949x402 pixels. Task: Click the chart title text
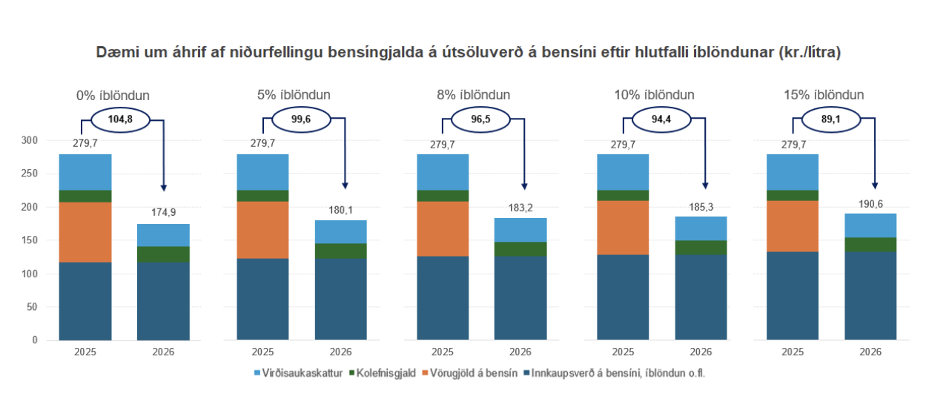point(468,53)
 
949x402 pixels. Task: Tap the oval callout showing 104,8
point(119,119)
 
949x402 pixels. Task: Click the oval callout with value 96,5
point(481,119)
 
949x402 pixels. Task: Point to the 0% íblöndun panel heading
point(113,96)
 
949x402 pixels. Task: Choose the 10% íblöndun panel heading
point(654,96)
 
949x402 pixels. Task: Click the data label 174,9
point(164,212)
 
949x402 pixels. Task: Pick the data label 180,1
point(341,208)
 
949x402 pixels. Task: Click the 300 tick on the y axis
point(29,140)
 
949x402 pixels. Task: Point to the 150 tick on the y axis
point(29,240)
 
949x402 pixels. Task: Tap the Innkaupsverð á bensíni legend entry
point(615,374)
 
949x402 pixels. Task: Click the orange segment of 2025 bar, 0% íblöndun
point(85,231)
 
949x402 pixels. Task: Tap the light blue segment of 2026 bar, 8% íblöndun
point(520,229)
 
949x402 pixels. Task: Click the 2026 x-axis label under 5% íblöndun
point(341,352)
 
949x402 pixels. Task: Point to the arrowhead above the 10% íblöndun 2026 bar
point(705,186)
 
